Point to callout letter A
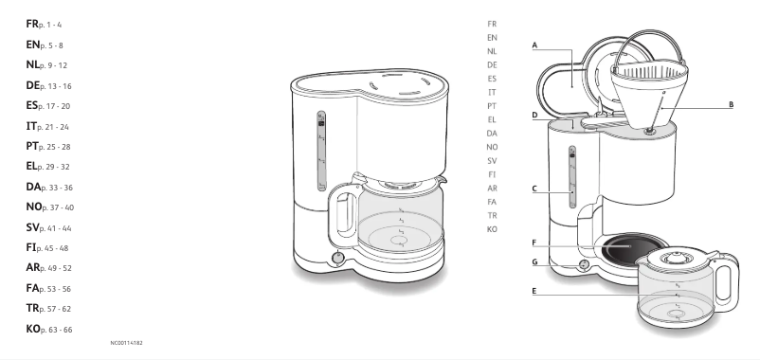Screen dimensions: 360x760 click(x=535, y=45)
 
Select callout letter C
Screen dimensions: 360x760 click(x=535, y=189)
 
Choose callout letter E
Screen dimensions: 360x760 click(x=535, y=291)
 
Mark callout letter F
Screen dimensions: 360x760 click(x=535, y=243)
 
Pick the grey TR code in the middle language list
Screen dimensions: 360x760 click(x=492, y=215)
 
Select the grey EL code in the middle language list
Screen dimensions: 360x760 click(x=492, y=119)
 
